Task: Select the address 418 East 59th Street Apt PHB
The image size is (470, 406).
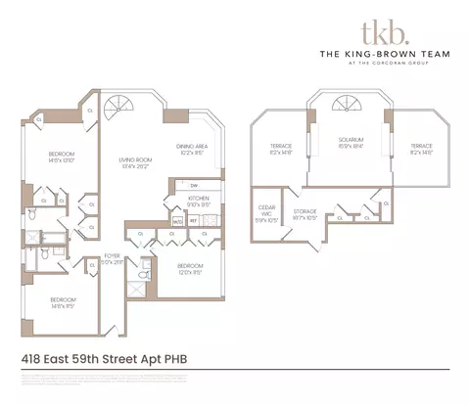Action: coord(103,358)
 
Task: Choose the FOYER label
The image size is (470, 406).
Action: coord(114,259)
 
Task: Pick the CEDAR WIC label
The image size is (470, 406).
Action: coord(266,208)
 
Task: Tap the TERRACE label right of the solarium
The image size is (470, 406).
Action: coord(422,148)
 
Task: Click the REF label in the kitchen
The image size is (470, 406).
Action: coord(192,221)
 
